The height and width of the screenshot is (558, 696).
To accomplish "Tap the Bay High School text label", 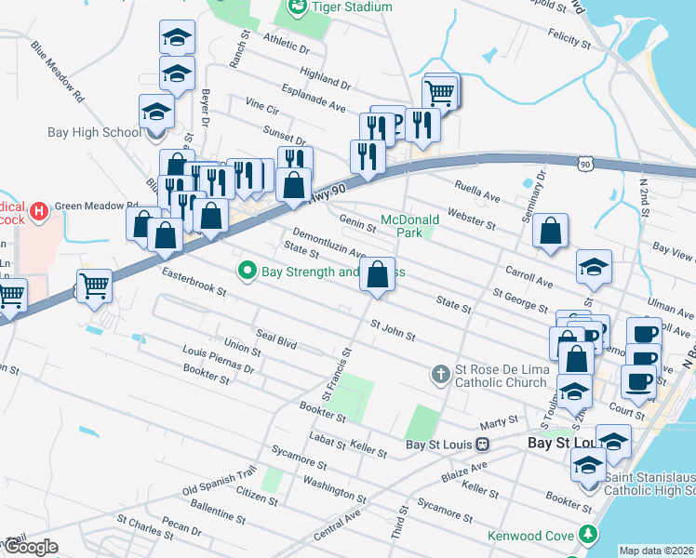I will click(x=94, y=133).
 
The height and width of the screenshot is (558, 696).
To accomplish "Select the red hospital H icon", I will click(x=39, y=212).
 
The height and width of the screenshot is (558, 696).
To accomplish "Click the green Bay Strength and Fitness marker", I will click(x=247, y=272).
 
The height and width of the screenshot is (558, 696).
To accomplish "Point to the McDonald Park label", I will click(x=408, y=227).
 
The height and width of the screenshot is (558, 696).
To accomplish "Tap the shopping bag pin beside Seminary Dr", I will click(x=550, y=231).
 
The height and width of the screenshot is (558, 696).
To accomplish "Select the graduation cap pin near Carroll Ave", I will click(x=594, y=268).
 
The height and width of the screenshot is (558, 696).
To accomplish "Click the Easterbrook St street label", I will click(x=194, y=283).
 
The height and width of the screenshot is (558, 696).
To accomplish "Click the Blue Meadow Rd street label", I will click(x=58, y=71).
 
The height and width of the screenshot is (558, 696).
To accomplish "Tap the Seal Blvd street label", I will click(x=276, y=339).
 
